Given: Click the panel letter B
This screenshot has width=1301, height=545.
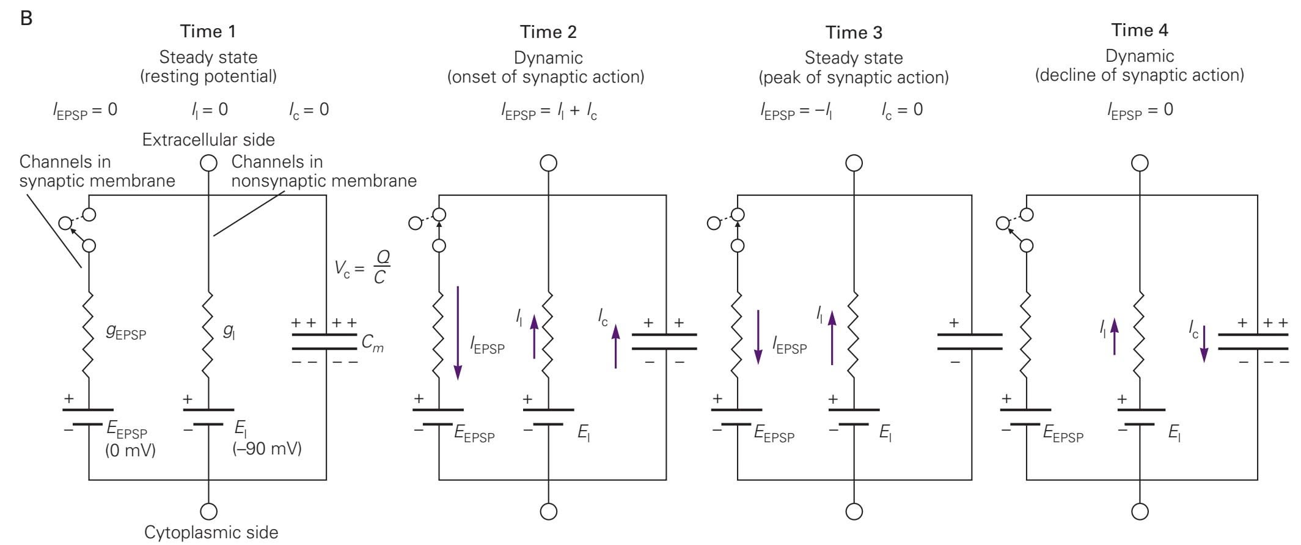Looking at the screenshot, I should [26, 18].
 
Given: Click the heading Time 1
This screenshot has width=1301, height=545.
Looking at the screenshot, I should [208, 31].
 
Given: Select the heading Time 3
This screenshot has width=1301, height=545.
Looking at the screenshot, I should [853, 32].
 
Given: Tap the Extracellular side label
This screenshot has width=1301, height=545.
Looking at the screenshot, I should [208, 139].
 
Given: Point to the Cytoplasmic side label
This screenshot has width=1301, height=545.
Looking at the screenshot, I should [211, 532].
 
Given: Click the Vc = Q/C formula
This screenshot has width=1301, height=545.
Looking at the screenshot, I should [362, 267].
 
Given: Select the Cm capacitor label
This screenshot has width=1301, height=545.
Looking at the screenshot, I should [372, 343].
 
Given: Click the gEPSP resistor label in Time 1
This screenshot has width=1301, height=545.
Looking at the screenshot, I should [126, 333].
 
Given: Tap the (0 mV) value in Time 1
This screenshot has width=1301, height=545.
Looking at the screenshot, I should [130, 451].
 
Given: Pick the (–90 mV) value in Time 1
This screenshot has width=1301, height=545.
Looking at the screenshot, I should [267, 448].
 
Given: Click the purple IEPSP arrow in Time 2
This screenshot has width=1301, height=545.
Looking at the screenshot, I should [458, 333].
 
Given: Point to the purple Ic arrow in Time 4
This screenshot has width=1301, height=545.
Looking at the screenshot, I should [1204, 344].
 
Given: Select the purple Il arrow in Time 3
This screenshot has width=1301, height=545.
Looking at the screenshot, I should [832, 338].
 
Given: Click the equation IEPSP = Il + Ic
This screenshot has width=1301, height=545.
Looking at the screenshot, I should [548, 111].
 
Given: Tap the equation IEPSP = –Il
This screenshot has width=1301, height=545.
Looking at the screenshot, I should [796, 111].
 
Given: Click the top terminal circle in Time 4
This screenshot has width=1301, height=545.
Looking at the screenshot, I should [1140, 163].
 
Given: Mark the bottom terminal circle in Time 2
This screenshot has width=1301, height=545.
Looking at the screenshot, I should [549, 511].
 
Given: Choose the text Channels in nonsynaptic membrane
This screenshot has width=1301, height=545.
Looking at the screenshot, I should [323, 171].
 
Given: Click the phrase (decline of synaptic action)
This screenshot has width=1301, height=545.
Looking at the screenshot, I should [1139, 75].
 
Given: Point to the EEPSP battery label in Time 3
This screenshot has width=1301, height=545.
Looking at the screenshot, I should [774, 434].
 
